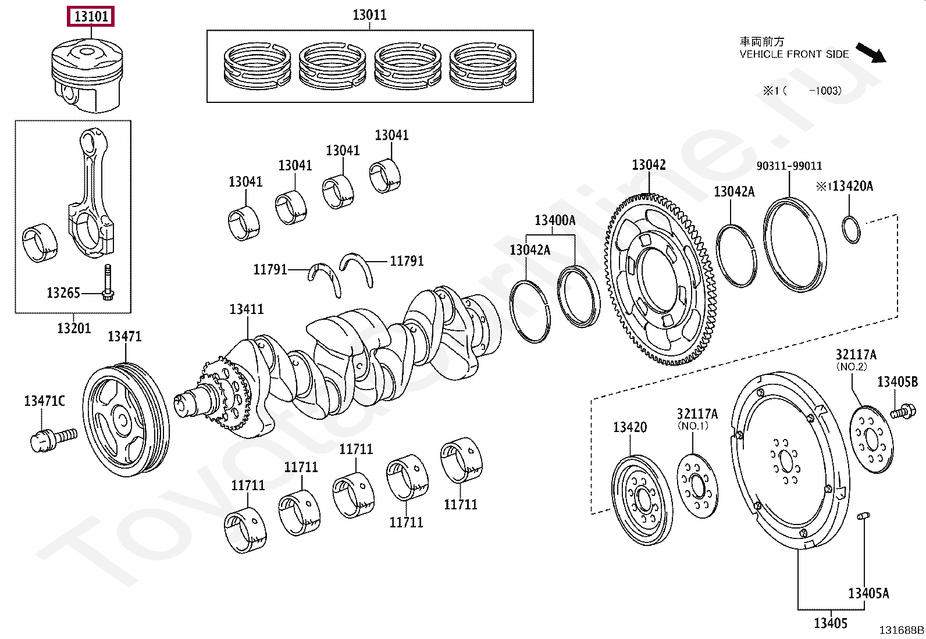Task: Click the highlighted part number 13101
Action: (91, 16)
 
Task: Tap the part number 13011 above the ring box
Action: (369, 15)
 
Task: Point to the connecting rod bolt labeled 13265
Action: (108, 283)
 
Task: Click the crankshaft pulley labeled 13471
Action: (126, 420)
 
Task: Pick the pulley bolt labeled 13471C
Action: (54, 439)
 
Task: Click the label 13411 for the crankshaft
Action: (247, 309)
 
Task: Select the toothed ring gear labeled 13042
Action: (661, 280)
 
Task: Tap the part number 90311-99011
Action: (789, 166)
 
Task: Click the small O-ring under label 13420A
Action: (851, 230)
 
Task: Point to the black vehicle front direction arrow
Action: (871, 53)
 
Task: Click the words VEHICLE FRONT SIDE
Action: (794, 54)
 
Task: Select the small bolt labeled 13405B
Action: (902, 412)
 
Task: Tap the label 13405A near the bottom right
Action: (868, 594)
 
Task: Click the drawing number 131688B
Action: (901, 630)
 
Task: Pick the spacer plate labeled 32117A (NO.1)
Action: (697, 486)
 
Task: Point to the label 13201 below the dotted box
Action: (74, 328)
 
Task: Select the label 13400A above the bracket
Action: (555, 220)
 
